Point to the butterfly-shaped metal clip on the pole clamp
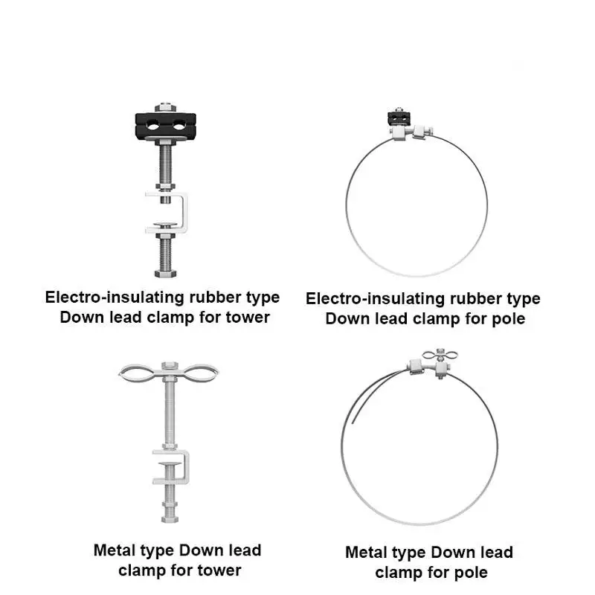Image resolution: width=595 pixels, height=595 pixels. (x=438, y=356)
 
